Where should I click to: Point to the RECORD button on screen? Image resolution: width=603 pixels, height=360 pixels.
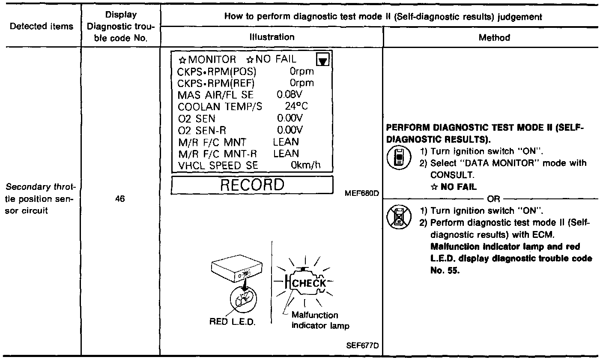click(252, 185)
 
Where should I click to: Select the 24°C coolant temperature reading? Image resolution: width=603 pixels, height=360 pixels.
click(296, 105)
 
